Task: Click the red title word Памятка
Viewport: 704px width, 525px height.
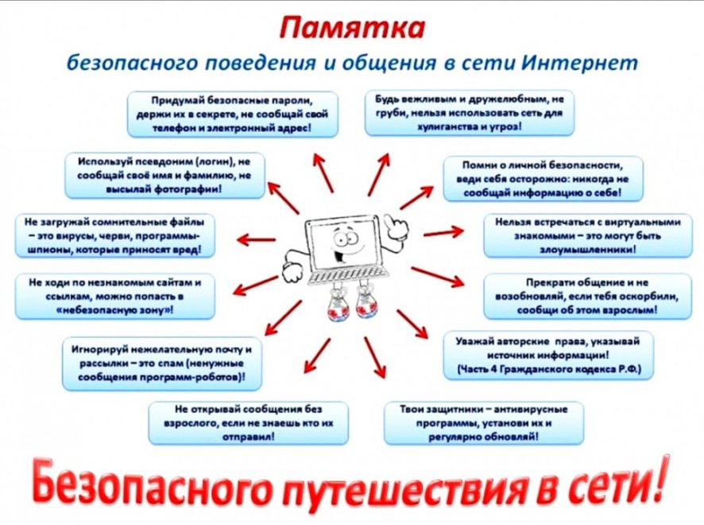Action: point(352,28)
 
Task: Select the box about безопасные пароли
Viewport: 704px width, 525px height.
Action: point(232,114)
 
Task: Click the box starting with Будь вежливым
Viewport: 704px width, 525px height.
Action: point(469,113)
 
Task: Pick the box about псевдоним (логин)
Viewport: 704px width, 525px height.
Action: point(164,176)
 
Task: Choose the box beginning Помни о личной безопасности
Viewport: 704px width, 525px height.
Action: point(543,179)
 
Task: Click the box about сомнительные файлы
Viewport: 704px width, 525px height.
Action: point(115,236)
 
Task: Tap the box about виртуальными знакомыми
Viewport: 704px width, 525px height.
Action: point(588,236)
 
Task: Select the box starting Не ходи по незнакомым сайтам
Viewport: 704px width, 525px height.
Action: point(115,296)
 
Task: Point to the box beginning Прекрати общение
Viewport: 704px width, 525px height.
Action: point(588,296)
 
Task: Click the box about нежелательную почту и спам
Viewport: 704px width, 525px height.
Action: point(161,364)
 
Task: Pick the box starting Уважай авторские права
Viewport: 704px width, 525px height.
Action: point(548,355)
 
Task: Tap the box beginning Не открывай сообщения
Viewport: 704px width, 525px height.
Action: point(248,423)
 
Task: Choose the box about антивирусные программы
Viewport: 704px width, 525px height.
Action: point(484,423)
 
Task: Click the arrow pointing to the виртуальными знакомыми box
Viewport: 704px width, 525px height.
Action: point(443,233)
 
